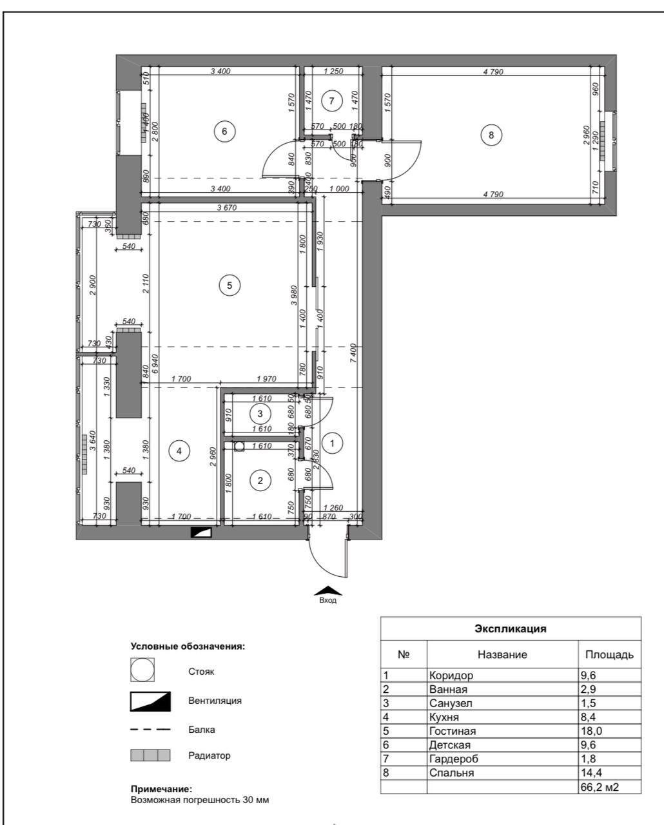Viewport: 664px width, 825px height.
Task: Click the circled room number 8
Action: tap(491, 135)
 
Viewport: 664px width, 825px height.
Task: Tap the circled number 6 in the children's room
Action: tap(224, 131)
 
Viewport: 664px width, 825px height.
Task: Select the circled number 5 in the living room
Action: tap(229, 284)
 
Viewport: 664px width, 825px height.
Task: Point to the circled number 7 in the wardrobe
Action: tap(331, 101)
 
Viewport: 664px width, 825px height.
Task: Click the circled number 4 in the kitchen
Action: tap(179, 451)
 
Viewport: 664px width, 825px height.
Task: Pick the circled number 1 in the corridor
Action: tap(332, 443)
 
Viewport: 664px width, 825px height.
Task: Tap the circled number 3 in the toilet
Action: tap(260, 413)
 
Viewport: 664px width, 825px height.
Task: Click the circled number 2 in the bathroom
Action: tap(260, 480)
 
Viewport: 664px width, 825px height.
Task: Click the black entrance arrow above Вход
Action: tap(327, 590)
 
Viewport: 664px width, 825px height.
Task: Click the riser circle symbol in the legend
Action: tap(142, 670)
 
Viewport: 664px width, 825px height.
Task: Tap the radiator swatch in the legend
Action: tap(150, 755)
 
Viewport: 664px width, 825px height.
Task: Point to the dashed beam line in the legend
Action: tap(150, 730)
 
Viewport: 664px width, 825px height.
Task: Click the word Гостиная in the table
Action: tap(452, 731)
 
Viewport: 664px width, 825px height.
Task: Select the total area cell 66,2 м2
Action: tap(599, 787)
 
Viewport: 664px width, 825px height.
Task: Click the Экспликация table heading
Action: tap(510, 628)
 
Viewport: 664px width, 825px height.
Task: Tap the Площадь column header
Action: tap(609, 655)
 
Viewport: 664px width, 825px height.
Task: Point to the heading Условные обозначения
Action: tap(188, 646)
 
